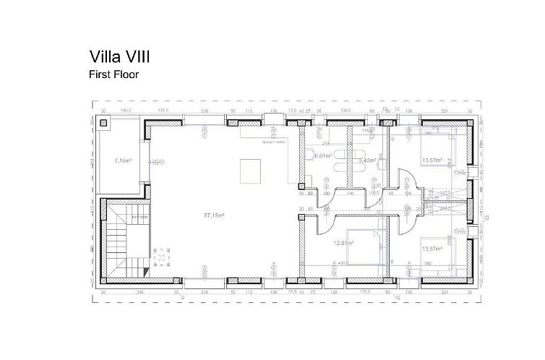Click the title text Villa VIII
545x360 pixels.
point(120,56)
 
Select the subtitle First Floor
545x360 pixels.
point(114,74)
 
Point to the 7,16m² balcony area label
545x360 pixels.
point(124,160)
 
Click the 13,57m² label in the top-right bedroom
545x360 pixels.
point(432,160)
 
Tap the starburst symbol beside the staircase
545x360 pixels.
point(160,258)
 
